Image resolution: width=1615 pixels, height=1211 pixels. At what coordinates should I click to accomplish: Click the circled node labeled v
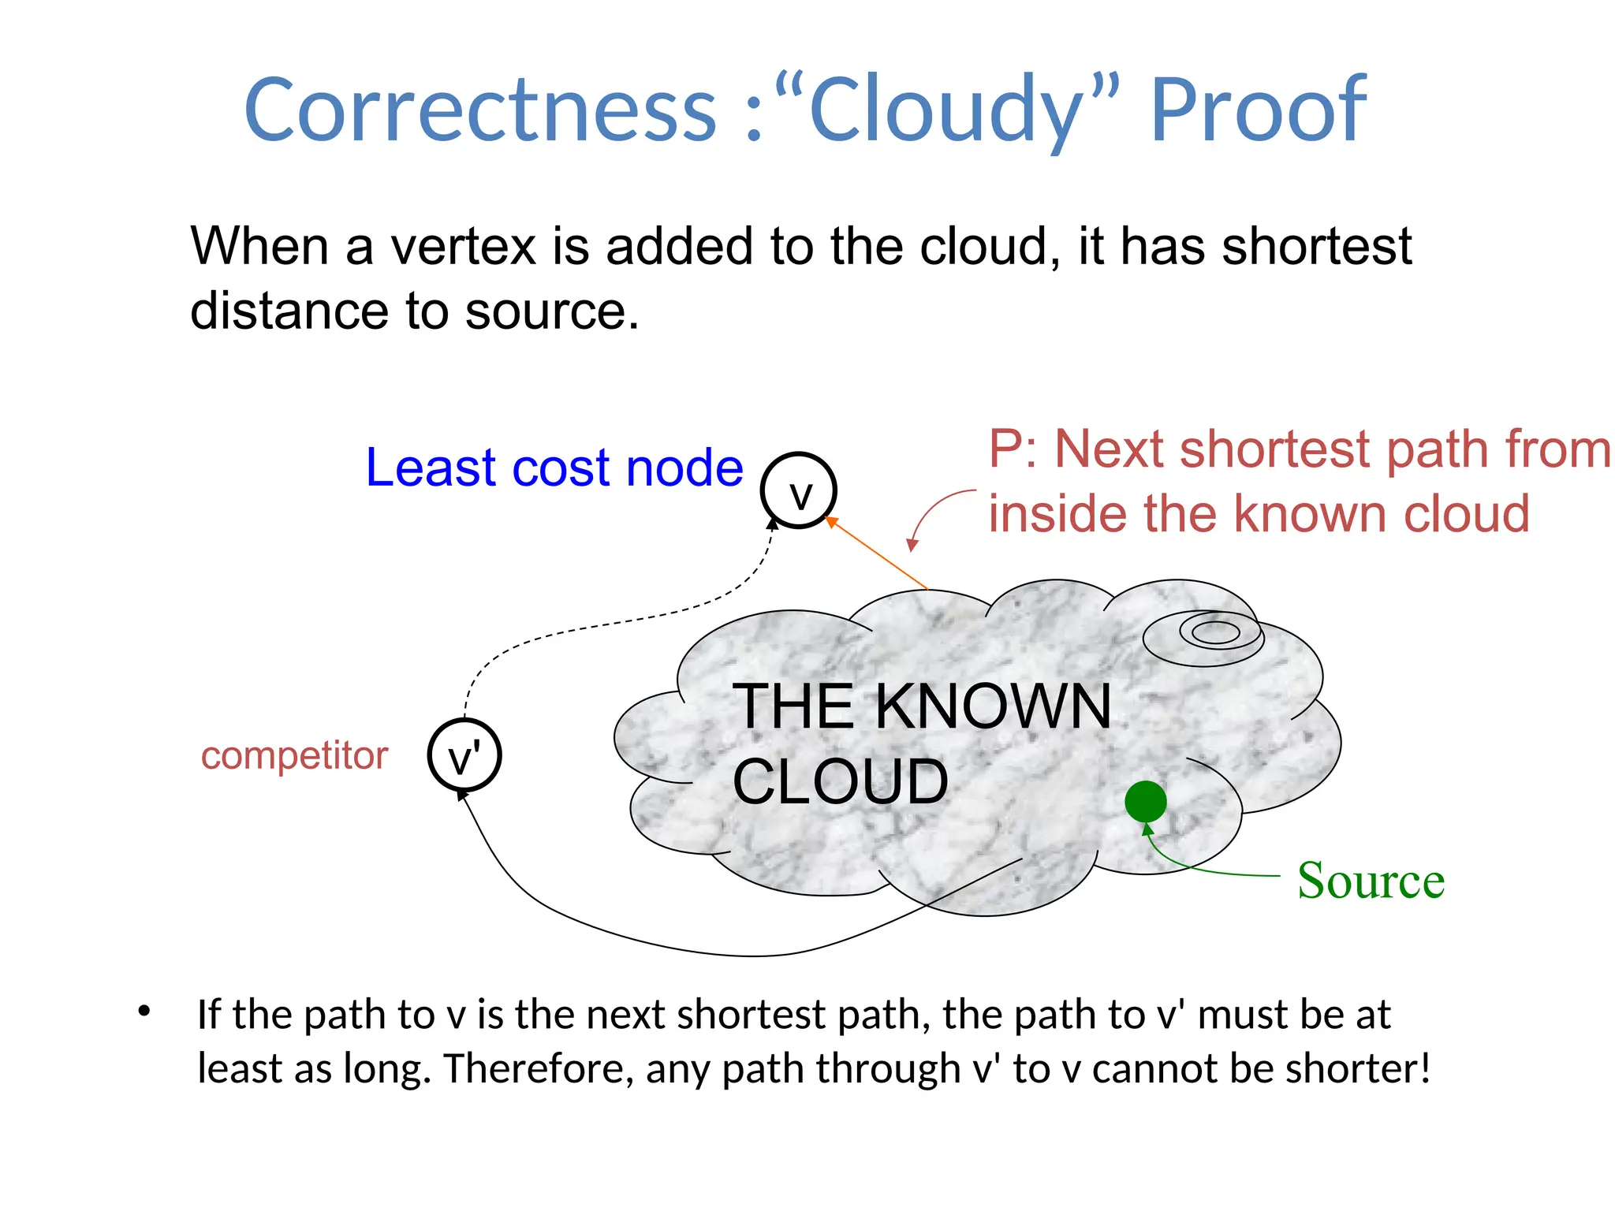pos(798,490)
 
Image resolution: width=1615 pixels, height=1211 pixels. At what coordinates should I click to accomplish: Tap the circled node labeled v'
pos(464,755)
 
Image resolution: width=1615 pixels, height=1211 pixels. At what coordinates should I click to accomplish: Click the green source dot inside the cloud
pos(1145,802)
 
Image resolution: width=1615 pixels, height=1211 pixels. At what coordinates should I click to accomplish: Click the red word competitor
pos(294,755)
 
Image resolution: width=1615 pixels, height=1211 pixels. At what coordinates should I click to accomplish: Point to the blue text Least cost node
pos(554,468)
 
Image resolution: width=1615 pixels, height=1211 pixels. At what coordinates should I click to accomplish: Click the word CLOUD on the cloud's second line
pos(841,781)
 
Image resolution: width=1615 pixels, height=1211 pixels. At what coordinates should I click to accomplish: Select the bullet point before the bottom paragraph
pos(144,1011)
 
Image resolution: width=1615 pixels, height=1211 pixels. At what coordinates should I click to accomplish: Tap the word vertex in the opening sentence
pos(464,246)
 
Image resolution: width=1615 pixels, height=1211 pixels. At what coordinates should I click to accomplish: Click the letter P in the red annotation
pos(1006,449)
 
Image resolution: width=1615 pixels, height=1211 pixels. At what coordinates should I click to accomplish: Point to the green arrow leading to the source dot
pos(1199,867)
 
